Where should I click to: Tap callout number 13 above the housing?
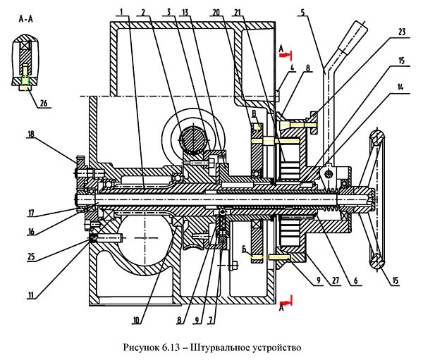tap(184, 12)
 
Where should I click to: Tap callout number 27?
tap(333, 280)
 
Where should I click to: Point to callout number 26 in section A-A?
tap(44, 104)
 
